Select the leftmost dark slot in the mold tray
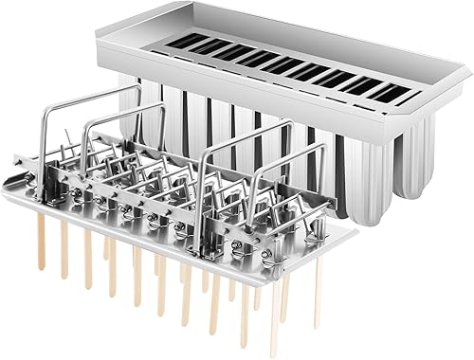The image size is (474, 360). (179, 40)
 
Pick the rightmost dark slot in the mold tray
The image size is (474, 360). (389, 92)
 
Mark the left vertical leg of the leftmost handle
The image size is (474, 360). (40, 142)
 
